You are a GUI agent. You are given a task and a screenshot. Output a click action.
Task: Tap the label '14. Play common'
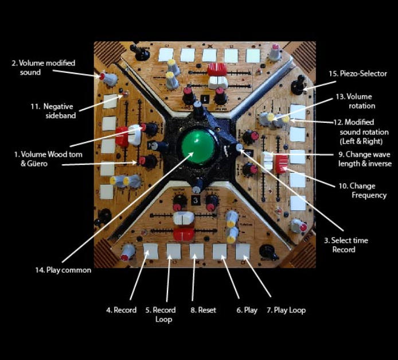[63, 270]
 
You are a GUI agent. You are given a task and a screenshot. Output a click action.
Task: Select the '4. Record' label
[121, 310]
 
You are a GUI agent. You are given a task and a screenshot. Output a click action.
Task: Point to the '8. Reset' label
[203, 310]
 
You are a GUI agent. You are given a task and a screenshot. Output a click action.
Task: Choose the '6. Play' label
[247, 310]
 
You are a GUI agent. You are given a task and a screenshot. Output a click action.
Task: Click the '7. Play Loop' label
[286, 310]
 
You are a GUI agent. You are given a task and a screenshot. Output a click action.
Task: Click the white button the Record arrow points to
[151, 251]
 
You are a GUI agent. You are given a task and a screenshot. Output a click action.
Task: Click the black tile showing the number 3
[196, 200]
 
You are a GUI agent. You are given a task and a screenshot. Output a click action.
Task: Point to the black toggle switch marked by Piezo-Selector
[298, 87]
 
